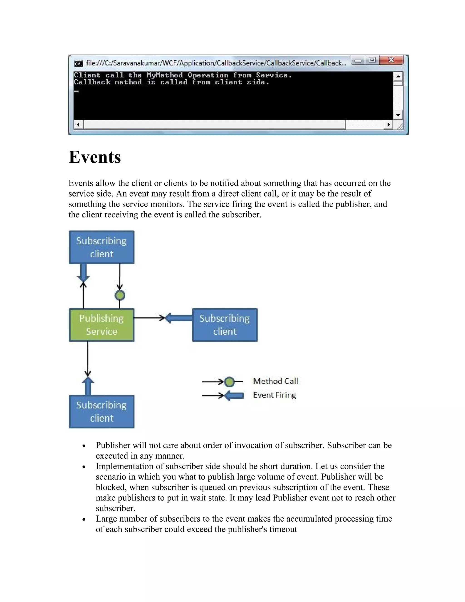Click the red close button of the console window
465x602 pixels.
coord(391,60)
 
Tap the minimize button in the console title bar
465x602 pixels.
coord(358,60)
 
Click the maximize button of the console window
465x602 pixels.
coord(372,60)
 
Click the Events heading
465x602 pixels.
coord(95,157)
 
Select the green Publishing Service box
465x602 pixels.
coord(101,325)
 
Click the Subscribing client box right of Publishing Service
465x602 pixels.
coord(225,325)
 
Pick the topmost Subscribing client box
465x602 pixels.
coord(101,247)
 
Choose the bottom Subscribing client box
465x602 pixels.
coord(101,412)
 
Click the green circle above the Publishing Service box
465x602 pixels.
coord(120,295)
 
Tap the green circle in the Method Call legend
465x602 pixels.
coord(229,382)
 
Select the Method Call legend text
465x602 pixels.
coord(275,381)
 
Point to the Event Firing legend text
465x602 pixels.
coord(274,395)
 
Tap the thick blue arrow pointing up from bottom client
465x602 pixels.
coord(88,386)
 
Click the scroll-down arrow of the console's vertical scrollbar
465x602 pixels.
coord(398,115)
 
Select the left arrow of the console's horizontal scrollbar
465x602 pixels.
coord(78,124)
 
